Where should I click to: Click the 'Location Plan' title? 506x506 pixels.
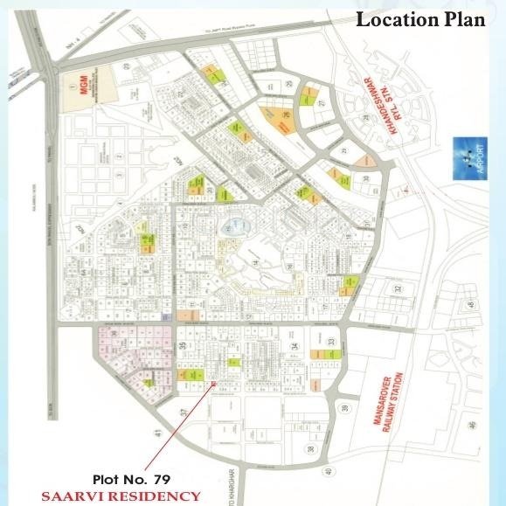(419, 19)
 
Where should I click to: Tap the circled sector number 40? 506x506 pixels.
(327, 471)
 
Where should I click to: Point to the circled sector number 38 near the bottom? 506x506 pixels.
(310, 449)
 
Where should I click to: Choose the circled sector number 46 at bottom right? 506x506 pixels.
(472, 426)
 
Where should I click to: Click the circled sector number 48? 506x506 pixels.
(469, 305)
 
